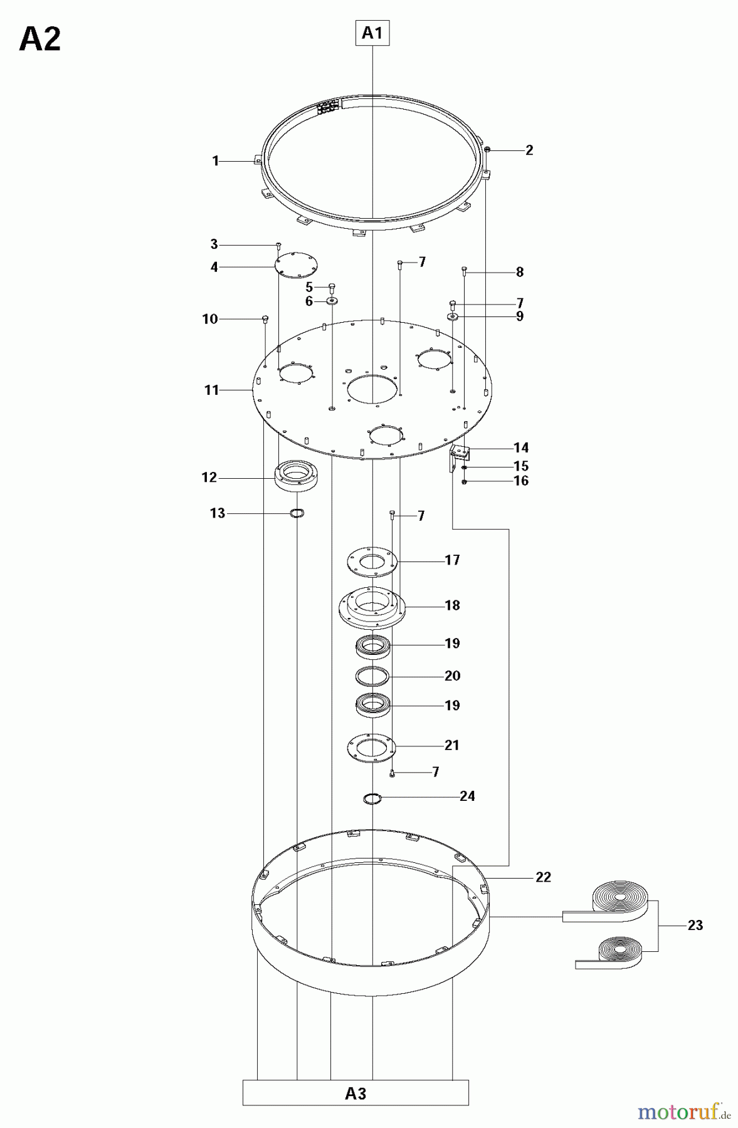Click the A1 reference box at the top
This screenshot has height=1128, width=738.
[x=372, y=33]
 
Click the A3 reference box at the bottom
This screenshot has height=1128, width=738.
[x=356, y=1093]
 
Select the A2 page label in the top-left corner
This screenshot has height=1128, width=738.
[x=40, y=40]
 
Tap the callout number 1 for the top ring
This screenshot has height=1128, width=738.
[x=216, y=161]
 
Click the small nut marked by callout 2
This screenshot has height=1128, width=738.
[x=487, y=149]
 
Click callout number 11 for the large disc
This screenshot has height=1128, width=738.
[x=211, y=390]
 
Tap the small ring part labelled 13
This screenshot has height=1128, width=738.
[x=298, y=514]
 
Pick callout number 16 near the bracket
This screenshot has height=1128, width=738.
[x=521, y=481]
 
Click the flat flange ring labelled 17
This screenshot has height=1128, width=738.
[x=372, y=560]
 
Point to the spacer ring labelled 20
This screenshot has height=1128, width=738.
[x=372, y=676]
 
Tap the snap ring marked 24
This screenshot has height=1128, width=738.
[x=372, y=798]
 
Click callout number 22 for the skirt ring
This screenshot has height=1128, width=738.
[x=543, y=877]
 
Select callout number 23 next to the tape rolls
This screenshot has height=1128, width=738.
[x=695, y=925]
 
